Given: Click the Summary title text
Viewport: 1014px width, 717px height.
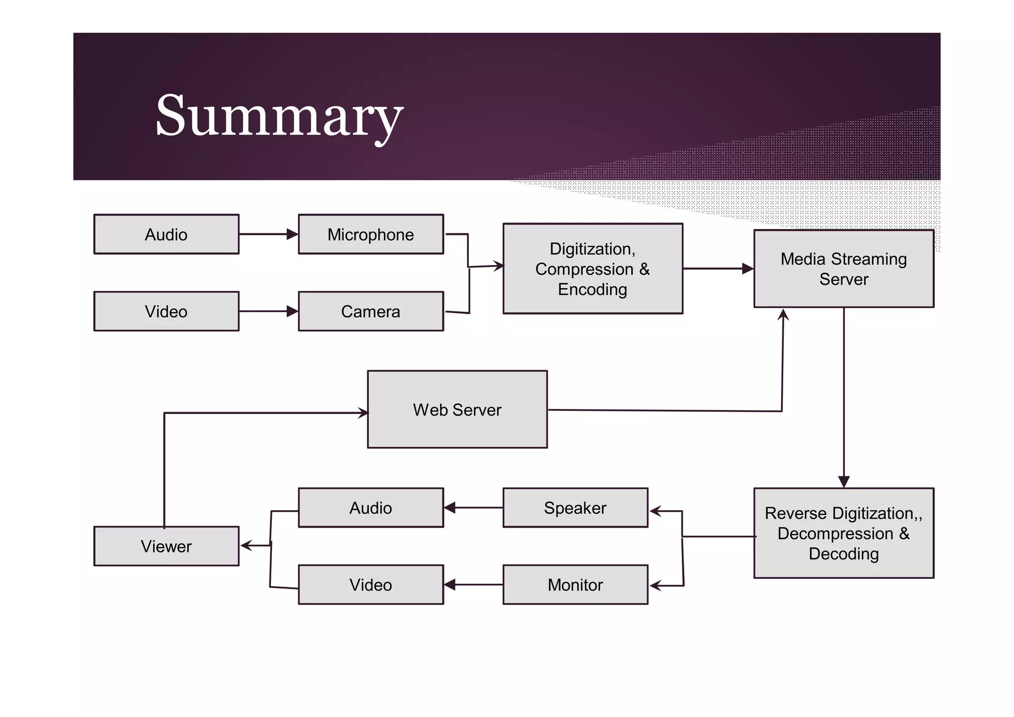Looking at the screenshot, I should coord(279,116).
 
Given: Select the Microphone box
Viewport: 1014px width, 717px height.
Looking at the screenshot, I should coord(370,234).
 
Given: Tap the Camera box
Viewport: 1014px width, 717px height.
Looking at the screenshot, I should coord(370,311).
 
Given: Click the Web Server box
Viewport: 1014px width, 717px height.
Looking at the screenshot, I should coord(457,409).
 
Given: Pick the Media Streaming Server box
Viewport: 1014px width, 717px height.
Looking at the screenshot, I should coord(843,269).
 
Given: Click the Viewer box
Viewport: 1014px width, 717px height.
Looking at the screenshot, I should coord(166,546).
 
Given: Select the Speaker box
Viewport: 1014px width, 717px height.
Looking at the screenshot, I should coord(575,507).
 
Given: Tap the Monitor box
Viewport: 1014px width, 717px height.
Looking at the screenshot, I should coord(575,585).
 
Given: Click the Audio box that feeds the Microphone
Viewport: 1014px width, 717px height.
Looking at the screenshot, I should coord(166,234).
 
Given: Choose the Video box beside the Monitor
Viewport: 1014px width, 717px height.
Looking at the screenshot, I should coord(370,585).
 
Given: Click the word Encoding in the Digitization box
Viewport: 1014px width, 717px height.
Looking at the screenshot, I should coord(592,289).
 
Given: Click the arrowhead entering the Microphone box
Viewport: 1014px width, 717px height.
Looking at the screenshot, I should coord(293,234).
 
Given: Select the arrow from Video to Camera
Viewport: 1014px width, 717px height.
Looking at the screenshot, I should coord(267,311).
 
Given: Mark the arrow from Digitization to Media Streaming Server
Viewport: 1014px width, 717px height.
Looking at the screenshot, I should coord(718,269).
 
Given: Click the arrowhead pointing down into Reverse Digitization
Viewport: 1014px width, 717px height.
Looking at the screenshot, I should coord(844,482).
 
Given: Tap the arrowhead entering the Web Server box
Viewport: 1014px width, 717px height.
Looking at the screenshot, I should coord(363,413).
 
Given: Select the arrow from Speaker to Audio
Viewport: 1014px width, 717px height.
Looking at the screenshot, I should coord(473,507).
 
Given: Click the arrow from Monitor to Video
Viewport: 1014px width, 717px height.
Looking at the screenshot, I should coord(473,585).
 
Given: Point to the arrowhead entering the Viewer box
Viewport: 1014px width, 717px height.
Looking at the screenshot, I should coord(246,546).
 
